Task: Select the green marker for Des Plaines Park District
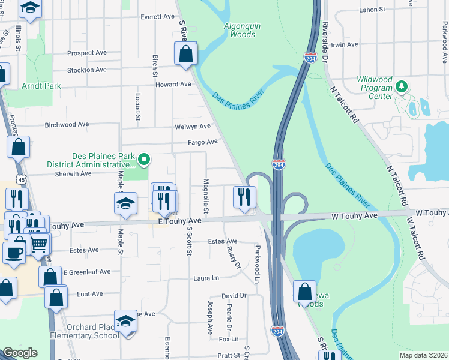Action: pyautogui.click(x=143, y=160)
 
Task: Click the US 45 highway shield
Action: pyautogui.click(x=22, y=179)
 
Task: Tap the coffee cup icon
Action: pyautogui.click(x=13, y=251)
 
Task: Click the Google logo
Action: pyautogui.click(x=20, y=353)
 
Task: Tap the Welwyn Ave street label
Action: pyautogui.click(x=192, y=127)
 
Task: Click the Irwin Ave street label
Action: pyautogui.click(x=345, y=45)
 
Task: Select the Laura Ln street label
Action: pyautogui.click(x=206, y=278)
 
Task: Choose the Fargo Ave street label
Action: pyautogui.click(x=202, y=142)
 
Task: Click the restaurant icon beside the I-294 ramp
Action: pyautogui.click(x=244, y=196)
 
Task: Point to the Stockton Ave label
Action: pyautogui.click(x=87, y=70)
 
